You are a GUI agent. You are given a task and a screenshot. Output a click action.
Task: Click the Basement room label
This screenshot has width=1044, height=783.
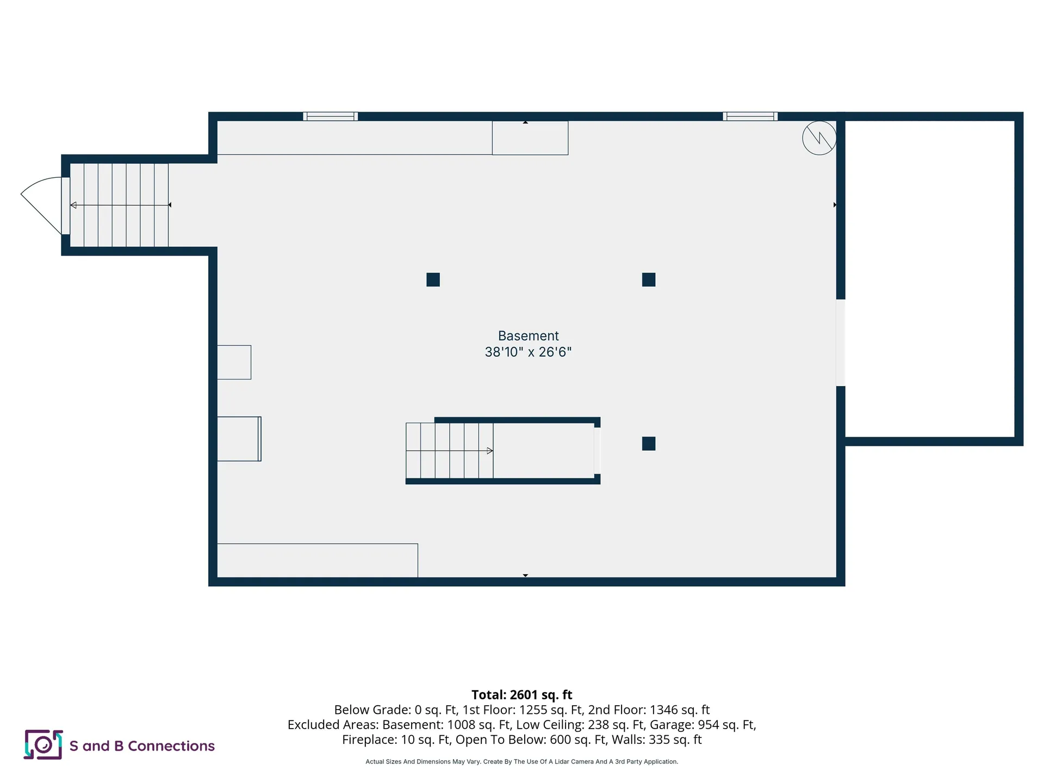(528, 336)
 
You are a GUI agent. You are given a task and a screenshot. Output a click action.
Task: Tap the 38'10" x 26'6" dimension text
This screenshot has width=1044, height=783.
(528, 352)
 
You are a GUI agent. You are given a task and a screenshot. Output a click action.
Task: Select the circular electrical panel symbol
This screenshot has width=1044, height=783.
(819, 138)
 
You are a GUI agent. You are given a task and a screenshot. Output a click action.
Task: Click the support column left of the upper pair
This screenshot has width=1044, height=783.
(433, 279)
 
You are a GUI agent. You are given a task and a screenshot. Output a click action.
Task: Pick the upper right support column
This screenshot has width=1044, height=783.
(649, 279)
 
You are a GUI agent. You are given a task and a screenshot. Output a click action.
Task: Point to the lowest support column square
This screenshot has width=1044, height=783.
(649, 444)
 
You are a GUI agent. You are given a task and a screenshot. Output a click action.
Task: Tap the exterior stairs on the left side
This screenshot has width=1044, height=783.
(119, 205)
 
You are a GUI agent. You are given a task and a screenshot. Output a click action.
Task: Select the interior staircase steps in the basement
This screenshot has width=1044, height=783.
(449, 451)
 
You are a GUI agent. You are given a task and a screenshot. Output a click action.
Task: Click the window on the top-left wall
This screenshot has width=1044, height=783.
(330, 116)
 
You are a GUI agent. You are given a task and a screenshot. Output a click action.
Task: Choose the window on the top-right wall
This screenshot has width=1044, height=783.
(750, 116)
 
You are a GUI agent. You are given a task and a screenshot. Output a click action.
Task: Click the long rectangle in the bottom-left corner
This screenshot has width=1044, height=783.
(318, 560)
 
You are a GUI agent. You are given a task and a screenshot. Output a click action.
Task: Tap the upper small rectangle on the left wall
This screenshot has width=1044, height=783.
(234, 362)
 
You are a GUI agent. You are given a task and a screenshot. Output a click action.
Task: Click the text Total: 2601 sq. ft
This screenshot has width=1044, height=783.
(521, 695)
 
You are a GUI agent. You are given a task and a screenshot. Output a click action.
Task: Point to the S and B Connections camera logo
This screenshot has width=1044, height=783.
(43, 744)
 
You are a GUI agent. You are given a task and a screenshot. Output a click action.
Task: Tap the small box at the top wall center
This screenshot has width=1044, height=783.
(530, 138)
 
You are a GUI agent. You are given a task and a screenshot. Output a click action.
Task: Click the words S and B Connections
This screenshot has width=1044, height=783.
(142, 746)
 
